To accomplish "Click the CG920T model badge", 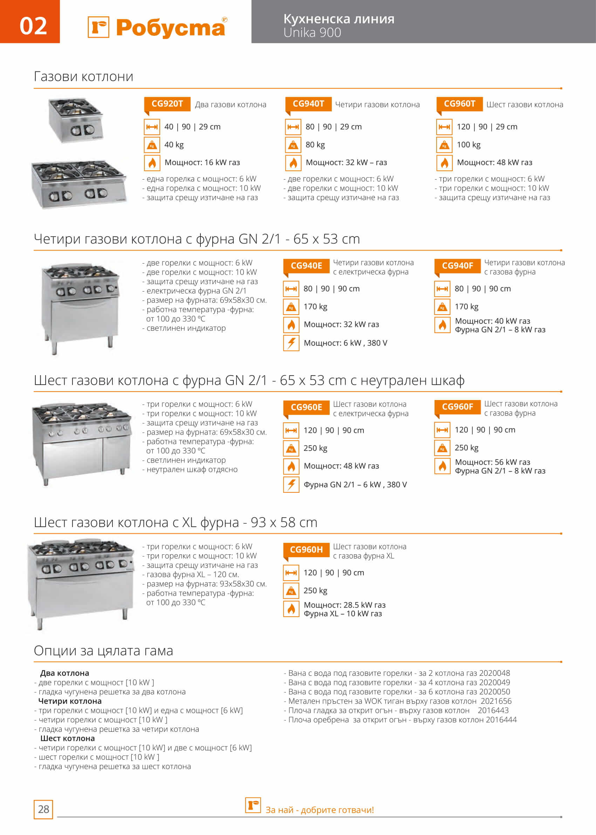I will [167, 104].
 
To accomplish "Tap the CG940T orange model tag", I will [308, 104].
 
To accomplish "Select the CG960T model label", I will [459, 104].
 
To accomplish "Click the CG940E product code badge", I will [306, 266].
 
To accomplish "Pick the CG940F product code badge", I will [457, 266].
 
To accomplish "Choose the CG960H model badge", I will [306, 550].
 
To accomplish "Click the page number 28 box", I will [43, 809].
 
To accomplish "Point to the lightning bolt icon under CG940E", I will [291, 343].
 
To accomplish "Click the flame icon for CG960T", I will [444, 163].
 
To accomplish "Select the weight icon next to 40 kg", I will [152, 145].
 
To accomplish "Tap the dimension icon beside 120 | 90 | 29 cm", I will [444, 127].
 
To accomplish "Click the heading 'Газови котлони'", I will [83, 77].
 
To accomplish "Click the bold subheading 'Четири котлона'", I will [70, 701].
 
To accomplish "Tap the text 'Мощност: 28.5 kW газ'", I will [344, 605].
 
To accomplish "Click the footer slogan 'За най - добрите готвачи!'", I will [319, 810].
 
